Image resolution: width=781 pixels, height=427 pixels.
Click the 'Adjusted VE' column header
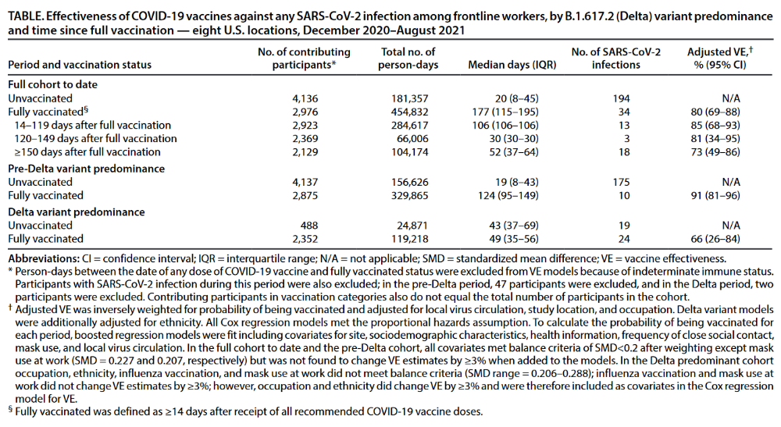coord(720,59)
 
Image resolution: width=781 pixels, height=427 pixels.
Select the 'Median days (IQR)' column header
coord(512,65)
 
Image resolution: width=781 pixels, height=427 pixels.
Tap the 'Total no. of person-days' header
coord(408,59)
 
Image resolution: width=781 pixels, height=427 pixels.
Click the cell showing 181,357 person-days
coord(409,98)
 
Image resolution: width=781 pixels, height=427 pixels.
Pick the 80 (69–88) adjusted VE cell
coord(715,112)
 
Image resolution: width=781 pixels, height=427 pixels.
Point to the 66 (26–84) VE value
coord(715,239)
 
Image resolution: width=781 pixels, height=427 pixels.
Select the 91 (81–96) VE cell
coord(715,196)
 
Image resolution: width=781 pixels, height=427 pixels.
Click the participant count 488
coord(308,226)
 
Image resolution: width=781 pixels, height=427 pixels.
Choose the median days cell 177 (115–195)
coord(505,112)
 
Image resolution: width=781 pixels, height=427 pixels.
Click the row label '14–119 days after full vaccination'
coord(93,126)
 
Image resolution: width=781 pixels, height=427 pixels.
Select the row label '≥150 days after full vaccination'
coord(87,152)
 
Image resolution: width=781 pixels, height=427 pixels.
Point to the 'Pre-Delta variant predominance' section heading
coord(86,169)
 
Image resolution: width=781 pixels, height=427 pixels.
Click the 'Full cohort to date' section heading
coord(53,84)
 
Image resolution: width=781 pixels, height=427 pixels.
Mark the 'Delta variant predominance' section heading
coord(77,212)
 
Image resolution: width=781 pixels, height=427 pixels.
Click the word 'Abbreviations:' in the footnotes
coord(44,259)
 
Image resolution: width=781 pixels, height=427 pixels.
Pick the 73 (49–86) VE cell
coord(715,152)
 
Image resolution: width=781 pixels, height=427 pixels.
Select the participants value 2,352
coord(305,239)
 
